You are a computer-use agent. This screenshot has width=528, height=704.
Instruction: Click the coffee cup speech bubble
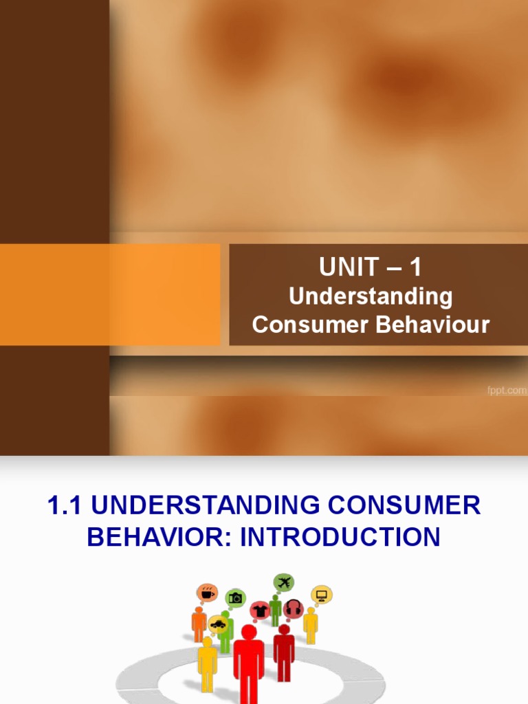point(207,593)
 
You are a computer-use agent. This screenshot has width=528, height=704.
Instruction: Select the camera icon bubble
point(236,598)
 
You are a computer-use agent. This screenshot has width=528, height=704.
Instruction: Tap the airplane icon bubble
point(283,582)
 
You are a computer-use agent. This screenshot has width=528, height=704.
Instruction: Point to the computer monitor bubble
point(321,595)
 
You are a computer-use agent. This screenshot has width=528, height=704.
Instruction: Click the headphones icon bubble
point(294,608)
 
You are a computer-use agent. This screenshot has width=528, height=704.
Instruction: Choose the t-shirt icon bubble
point(261,610)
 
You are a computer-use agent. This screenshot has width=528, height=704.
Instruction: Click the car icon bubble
point(218,624)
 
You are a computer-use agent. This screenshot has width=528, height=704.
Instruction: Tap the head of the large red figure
point(249,632)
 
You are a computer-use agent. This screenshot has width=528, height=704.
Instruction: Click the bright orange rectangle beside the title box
point(165,294)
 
